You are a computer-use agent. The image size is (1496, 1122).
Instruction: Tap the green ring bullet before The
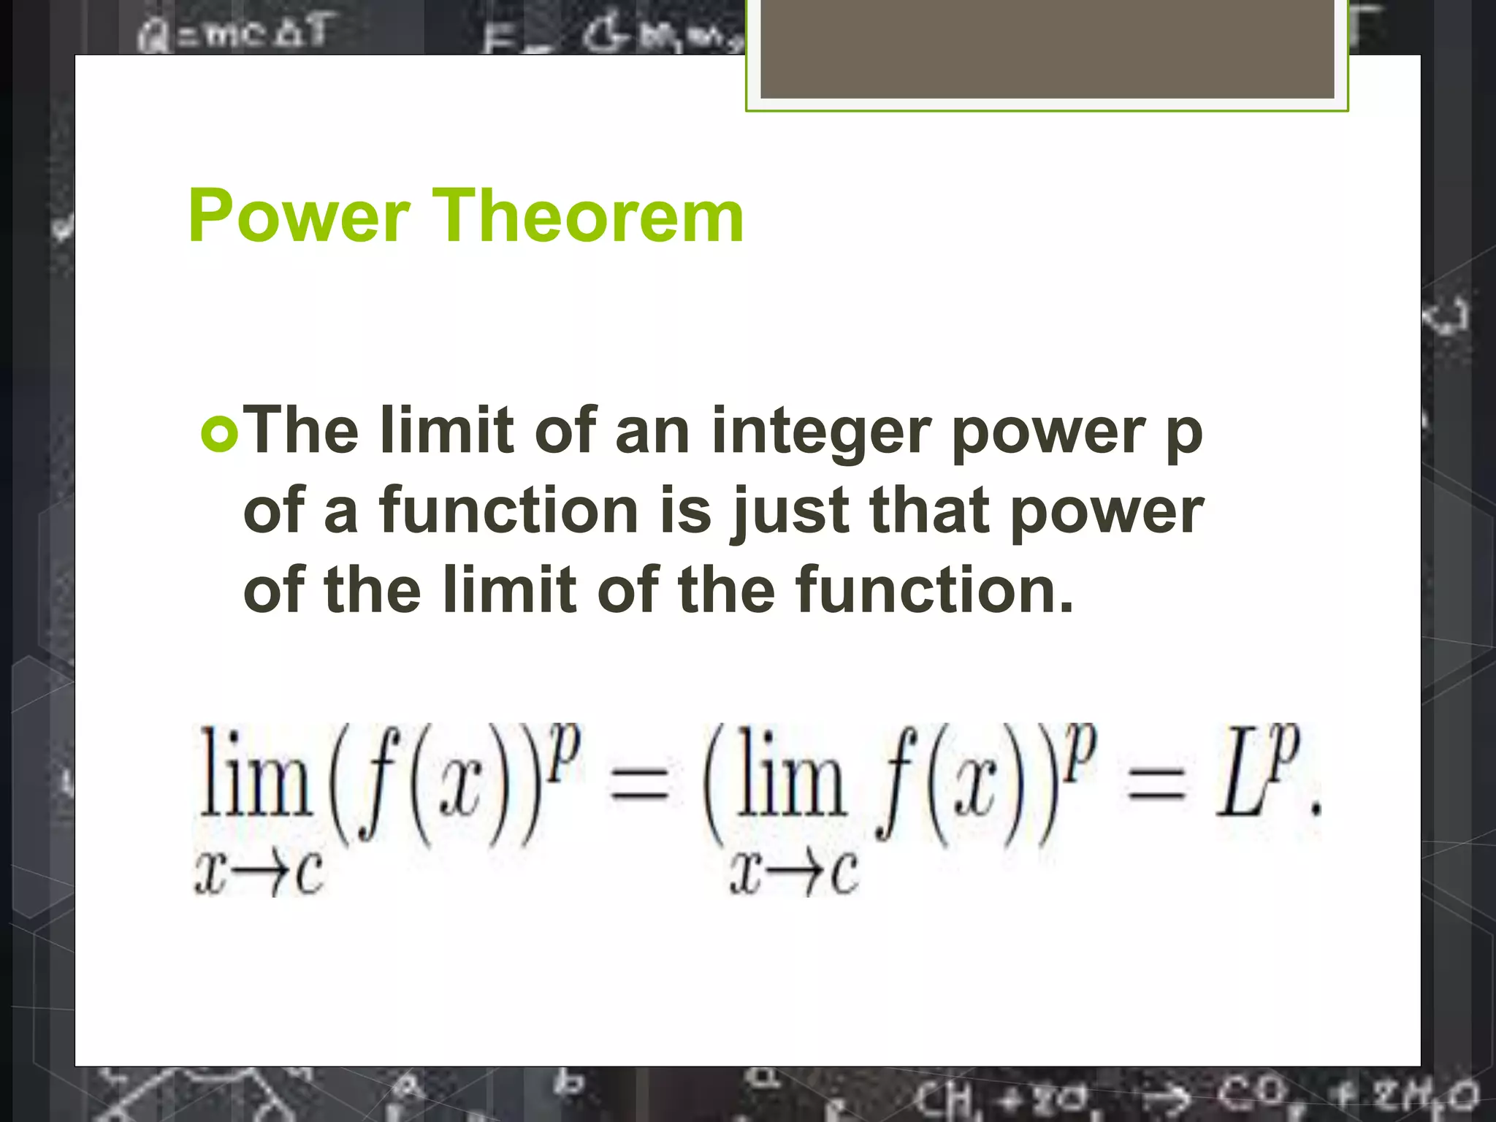pos(219,434)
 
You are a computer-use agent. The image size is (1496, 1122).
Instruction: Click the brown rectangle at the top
pos(1047,50)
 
